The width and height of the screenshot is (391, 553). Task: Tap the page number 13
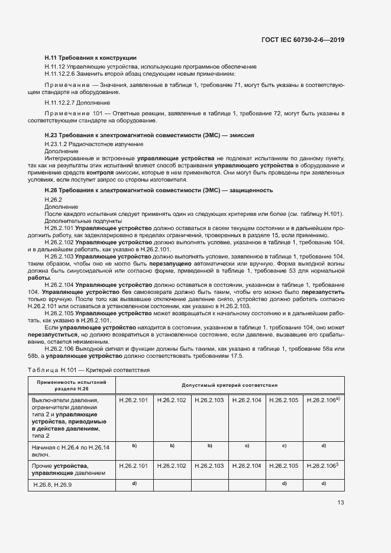click(341, 502)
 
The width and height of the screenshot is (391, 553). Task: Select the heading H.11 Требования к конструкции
click(91, 58)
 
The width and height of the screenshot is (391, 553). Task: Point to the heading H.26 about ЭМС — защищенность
click(159, 190)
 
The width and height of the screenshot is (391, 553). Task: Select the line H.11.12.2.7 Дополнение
click(77, 103)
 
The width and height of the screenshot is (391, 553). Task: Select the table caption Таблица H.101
click(89, 370)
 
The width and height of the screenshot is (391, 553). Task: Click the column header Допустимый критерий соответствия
click(229, 384)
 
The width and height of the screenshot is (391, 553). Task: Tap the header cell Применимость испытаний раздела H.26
click(72, 384)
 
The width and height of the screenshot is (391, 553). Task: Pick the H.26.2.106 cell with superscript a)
click(323, 400)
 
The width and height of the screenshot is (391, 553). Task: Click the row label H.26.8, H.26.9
click(52, 485)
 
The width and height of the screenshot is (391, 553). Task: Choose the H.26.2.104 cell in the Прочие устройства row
click(247, 466)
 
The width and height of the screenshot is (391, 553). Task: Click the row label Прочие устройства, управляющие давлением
click(68, 470)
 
